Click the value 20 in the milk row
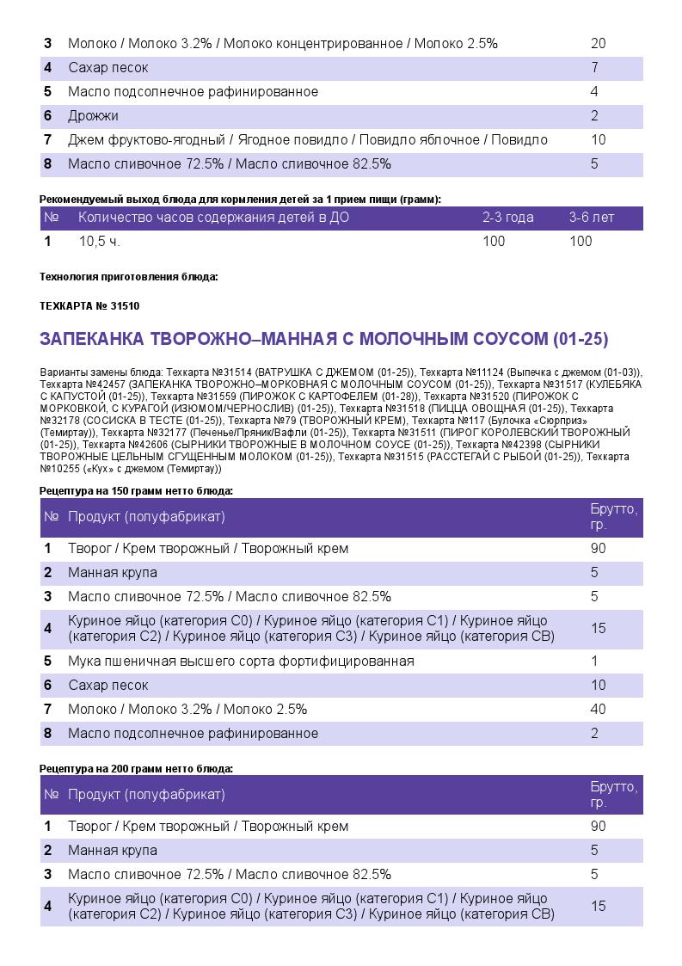(x=599, y=44)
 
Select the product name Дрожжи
(x=93, y=116)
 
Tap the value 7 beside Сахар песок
(x=594, y=68)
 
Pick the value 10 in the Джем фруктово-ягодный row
(x=599, y=140)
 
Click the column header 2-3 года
(x=507, y=218)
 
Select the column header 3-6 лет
(x=592, y=218)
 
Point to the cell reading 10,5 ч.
(x=99, y=242)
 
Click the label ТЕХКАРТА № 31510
(x=89, y=306)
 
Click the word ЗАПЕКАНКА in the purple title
(x=91, y=340)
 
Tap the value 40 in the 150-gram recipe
(x=599, y=710)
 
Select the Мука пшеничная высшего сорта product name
(x=241, y=661)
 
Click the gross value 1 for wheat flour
(x=594, y=661)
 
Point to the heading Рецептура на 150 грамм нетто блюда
(x=137, y=491)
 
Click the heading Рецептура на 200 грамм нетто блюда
(x=137, y=769)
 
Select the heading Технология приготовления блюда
(x=129, y=277)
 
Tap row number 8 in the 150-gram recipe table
(x=48, y=734)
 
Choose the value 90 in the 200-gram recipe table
(x=599, y=827)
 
